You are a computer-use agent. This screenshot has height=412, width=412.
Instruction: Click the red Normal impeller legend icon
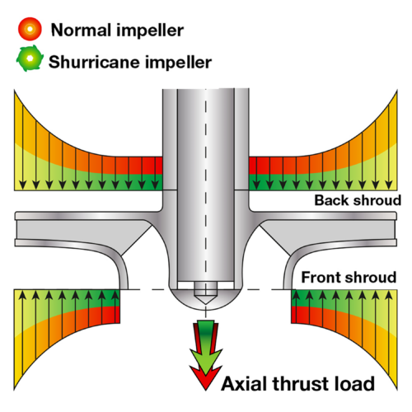pos(30,29)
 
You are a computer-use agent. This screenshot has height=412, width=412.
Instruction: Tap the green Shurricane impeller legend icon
pos(30,59)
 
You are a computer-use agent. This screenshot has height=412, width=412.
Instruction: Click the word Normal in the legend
pos(81,30)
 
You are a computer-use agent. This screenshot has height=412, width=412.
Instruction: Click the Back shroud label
pos(358,200)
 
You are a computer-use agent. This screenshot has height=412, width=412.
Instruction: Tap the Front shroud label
pos(349,277)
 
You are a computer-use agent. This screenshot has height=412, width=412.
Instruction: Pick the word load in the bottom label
pos(354,383)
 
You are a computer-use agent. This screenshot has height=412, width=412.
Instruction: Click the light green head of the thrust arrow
pos(206,361)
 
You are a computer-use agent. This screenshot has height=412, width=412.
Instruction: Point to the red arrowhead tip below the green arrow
pos(206,389)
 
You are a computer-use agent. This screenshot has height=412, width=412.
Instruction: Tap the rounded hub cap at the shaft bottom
pos(206,298)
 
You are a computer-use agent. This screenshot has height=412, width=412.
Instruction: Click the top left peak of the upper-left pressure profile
pos(14,91)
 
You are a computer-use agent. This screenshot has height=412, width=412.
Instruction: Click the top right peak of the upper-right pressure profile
pos(397,91)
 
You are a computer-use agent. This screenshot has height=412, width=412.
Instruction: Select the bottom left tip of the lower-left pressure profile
pos(14,390)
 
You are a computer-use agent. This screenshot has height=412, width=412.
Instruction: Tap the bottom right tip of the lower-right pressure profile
pos(397,390)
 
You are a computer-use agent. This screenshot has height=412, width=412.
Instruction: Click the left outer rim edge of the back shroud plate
pos(16,215)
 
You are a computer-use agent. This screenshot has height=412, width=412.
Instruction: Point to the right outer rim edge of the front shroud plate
pos(396,242)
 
